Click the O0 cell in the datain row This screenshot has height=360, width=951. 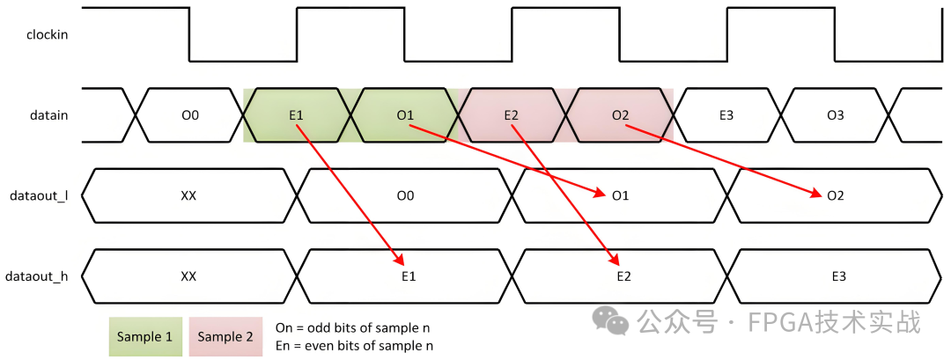(x=190, y=115)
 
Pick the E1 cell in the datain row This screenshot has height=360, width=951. (x=296, y=115)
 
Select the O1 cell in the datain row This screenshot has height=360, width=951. (x=405, y=115)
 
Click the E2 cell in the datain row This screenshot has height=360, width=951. (x=512, y=115)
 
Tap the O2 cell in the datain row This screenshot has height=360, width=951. (x=620, y=115)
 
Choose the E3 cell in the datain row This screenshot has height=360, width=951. (x=726, y=115)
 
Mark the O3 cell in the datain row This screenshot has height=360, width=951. (x=836, y=115)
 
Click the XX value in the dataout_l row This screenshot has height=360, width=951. (x=188, y=195)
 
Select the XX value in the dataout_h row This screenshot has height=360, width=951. (x=188, y=276)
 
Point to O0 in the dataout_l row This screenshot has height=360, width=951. (x=405, y=195)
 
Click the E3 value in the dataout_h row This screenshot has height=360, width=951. (x=838, y=276)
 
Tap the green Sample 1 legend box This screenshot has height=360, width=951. (x=145, y=336)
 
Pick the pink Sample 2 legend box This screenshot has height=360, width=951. (x=225, y=336)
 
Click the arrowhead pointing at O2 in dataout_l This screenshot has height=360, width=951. (x=817, y=193)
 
